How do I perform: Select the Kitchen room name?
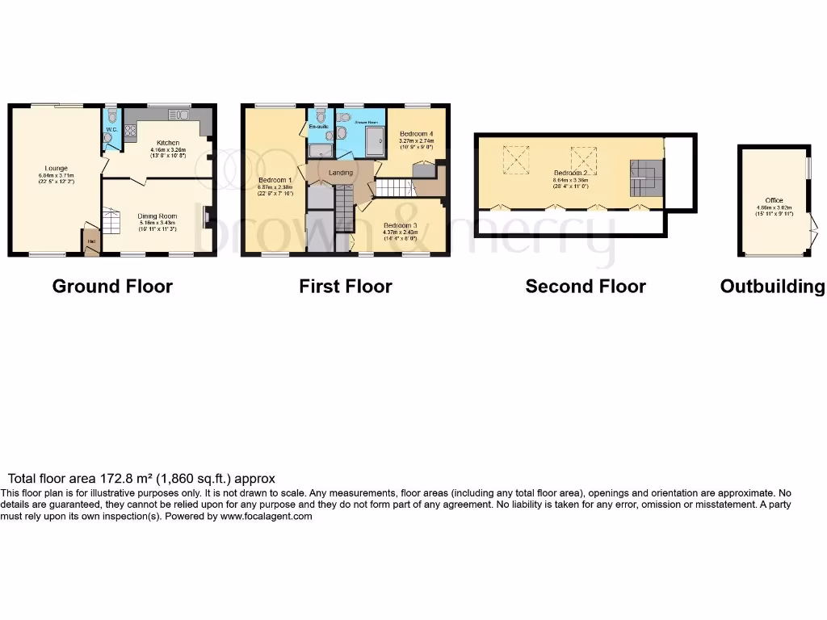168,143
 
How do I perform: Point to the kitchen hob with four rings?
129,128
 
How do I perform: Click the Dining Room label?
157,216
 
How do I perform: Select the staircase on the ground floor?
111,220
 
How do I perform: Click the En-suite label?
317,127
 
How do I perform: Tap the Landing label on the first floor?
340,172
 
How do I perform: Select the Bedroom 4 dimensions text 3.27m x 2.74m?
416,140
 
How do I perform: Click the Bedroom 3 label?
401,224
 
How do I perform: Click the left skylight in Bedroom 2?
515,159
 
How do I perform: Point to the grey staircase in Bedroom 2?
644,176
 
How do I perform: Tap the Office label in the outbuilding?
774,200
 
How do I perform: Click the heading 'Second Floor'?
586,286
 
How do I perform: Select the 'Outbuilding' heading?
773,286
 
